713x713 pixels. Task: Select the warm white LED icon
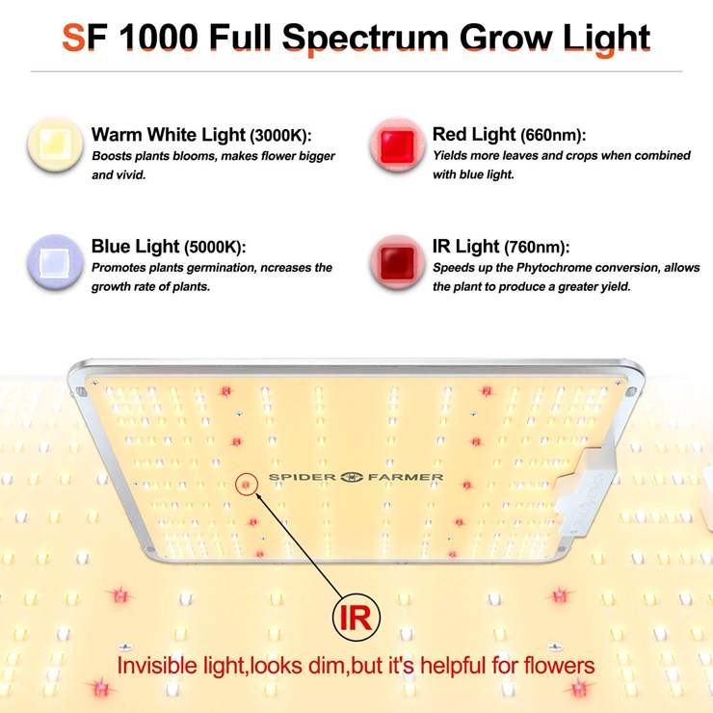53,145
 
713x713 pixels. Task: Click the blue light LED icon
53,259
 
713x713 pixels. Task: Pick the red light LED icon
394,146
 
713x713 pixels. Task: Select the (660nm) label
553,135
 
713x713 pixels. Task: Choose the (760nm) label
536,248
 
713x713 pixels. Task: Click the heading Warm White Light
168,135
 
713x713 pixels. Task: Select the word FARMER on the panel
410,477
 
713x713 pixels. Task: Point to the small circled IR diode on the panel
247,485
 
